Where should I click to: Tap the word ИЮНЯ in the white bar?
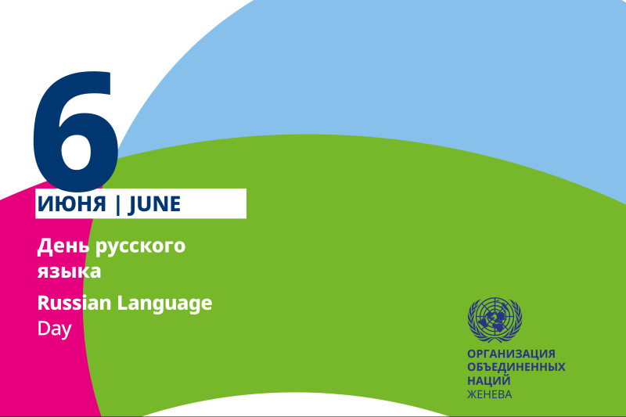tap(72, 204)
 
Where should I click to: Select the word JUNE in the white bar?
tap(154, 205)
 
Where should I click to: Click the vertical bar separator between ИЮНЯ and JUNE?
tap(117, 205)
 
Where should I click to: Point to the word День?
tap(63, 246)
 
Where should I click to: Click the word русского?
tap(141, 247)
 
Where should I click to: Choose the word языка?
tap(69, 271)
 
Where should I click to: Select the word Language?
tap(164, 304)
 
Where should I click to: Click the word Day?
tap(54, 329)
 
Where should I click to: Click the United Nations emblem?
tap(495, 320)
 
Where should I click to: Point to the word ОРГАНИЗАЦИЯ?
tap(512, 354)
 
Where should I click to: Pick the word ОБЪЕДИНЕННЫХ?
tap(516, 367)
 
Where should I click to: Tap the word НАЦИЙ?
tap(489, 380)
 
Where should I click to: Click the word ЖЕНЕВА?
tap(490, 394)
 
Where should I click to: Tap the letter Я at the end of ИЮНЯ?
tap(99, 204)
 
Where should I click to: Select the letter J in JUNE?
tap(132, 206)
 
